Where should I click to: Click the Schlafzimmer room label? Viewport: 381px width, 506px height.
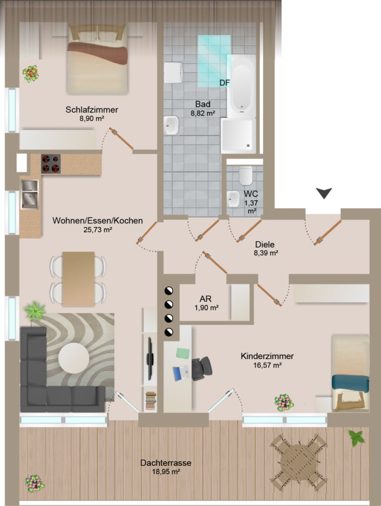click(91, 110)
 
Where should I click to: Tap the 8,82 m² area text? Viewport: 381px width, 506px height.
click(203, 113)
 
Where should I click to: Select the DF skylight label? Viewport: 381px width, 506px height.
click(224, 83)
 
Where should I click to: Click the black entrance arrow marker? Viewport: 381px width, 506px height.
click(324, 193)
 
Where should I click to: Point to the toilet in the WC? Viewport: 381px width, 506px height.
click(246, 175)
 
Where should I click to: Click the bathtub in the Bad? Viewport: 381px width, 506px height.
click(241, 86)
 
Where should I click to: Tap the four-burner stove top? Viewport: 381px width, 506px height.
click(51, 164)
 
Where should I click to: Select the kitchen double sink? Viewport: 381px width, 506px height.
click(30, 194)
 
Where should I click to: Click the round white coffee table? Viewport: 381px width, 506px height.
click(74, 358)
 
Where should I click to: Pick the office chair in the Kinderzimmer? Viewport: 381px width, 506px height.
click(202, 369)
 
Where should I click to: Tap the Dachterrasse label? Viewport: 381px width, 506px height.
click(166, 463)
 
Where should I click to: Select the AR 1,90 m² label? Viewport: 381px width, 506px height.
click(206, 303)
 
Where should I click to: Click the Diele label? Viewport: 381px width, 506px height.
click(265, 244)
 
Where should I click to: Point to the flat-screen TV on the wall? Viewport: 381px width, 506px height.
click(150, 359)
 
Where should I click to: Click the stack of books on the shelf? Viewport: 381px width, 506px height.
click(151, 401)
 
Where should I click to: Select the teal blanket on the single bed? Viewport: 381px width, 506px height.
click(350, 383)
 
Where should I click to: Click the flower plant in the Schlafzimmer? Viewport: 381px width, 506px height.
click(31, 74)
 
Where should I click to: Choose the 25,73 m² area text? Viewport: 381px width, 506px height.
click(97, 230)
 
